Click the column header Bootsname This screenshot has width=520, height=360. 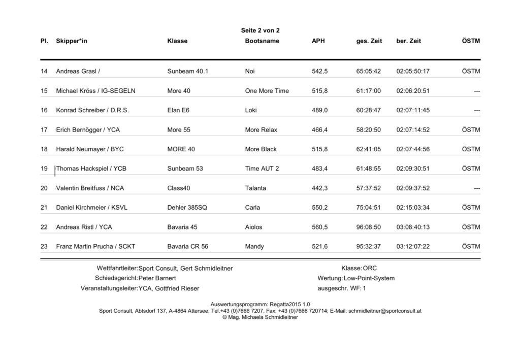pos(262,41)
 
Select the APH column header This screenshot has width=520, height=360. pos(318,41)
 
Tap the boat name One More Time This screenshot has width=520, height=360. pos(267,91)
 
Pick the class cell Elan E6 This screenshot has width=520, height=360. pos(178,110)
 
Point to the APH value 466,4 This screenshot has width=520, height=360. pos(319,130)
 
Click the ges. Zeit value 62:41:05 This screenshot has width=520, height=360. pos(368,149)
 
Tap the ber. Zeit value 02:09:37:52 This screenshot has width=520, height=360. pos(413,188)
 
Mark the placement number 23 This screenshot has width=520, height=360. pos(44,247)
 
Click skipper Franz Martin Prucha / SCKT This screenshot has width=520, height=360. pos(95,247)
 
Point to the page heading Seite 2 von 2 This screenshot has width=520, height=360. pos(260,30)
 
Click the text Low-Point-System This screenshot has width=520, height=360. pos(369,278)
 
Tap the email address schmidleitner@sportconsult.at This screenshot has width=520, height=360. pos(385,311)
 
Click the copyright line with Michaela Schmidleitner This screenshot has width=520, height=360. pos(260,317)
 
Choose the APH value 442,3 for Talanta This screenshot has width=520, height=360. pos(319,188)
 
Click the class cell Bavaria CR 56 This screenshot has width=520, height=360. pos(187,247)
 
